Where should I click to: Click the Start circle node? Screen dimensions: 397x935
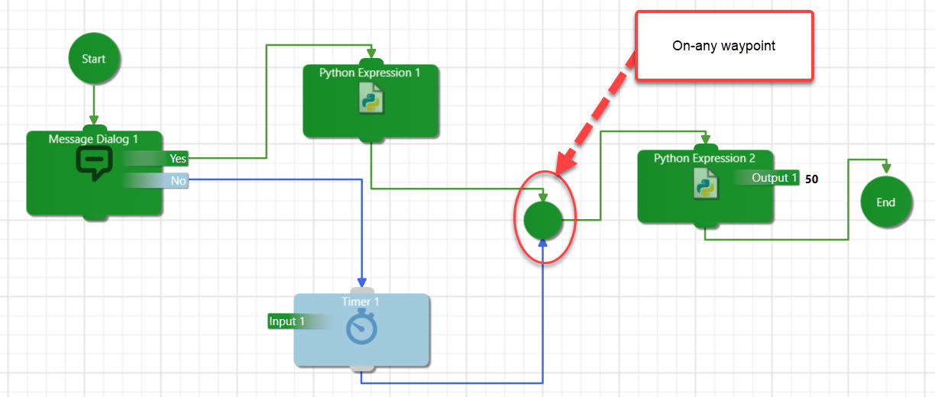[x=94, y=59]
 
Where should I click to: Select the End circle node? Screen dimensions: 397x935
[x=885, y=202]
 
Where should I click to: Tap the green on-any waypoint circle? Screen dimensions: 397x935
[x=543, y=220]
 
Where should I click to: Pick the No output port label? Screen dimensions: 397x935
[x=178, y=181]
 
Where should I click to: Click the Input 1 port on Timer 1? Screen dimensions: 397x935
[x=287, y=321]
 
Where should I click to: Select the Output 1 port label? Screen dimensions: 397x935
[x=774, y=178]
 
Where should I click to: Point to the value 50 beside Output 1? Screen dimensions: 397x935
[x=811, y=179]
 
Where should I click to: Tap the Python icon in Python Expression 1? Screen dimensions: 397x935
[x=371, y=98]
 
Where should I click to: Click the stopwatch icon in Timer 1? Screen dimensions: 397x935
[x=361, y=328]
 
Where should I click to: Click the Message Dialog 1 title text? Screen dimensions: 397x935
[x=94, y=139]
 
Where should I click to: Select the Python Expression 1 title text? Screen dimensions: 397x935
[x=370, y=73]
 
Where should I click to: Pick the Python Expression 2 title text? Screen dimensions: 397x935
[x=704, y=158]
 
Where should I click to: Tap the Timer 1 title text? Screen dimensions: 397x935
[x=361, y=302]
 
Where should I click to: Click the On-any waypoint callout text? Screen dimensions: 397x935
[x=723, y=46]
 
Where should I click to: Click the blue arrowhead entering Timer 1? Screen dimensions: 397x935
[x=362, y=282]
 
